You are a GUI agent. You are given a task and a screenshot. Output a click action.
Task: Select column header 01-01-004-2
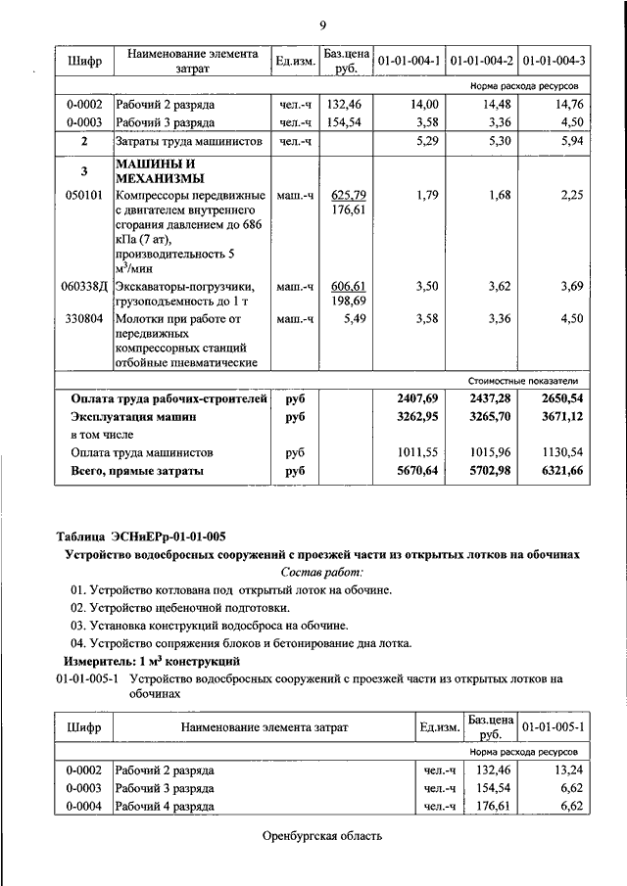coord(481,62)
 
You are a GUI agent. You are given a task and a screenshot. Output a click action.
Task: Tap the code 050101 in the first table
coord(83,196)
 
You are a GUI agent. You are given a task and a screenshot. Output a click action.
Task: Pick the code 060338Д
coord(84,287)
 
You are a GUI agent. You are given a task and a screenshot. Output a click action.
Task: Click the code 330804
coord(83,318)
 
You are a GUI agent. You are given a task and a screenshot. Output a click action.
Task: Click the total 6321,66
coord(561,472)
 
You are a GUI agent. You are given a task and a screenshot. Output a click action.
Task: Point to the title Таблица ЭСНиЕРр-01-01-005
coord(141,536)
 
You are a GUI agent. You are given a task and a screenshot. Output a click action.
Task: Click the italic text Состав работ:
coord(321,572)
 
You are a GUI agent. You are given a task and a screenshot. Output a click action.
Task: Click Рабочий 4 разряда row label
coord(165,807)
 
